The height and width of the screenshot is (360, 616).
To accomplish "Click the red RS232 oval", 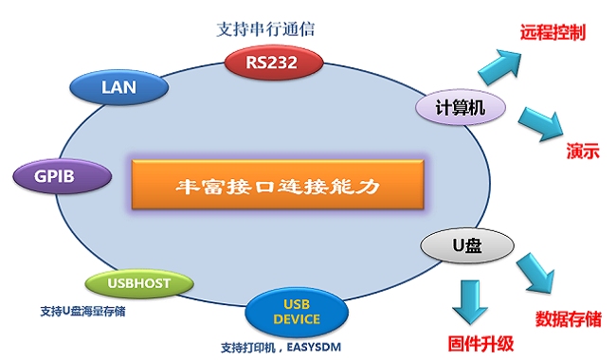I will (275, 63).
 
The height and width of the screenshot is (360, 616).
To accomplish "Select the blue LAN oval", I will (120, 88).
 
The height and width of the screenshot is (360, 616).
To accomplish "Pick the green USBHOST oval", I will (140, 282).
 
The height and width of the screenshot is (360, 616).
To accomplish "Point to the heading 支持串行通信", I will (265, 27).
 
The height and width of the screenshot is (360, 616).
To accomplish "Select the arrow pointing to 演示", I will (539, 124).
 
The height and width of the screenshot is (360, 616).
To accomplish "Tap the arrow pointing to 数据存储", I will (535, 276).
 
